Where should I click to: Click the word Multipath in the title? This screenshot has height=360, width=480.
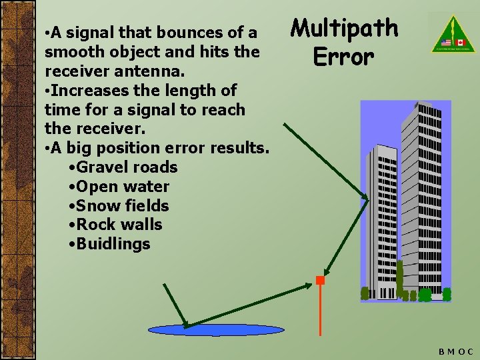pos(345,29)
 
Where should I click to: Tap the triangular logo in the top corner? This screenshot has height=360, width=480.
pos(447,33)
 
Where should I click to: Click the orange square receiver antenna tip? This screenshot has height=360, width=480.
pos(321,281)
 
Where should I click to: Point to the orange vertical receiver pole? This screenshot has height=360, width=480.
pos(321,310)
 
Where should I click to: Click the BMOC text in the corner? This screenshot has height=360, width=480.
pos(456,351)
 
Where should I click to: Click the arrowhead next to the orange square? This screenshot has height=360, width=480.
pos(308,285)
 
